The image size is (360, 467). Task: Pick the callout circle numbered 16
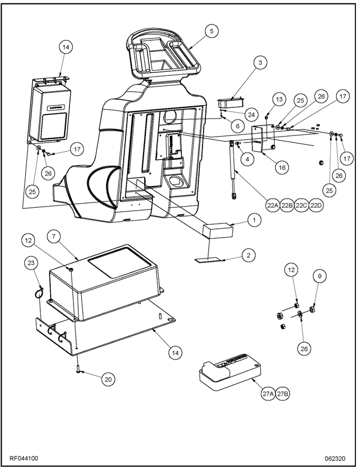[x=281, y=167]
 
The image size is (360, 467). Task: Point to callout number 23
[x=32, y=263]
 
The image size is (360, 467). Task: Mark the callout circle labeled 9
[x=319, y=275]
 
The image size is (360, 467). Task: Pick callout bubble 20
[x=108, y=379]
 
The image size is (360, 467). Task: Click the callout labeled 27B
[x=282, y=394]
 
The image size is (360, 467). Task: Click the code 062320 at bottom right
[x=336, y=458]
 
